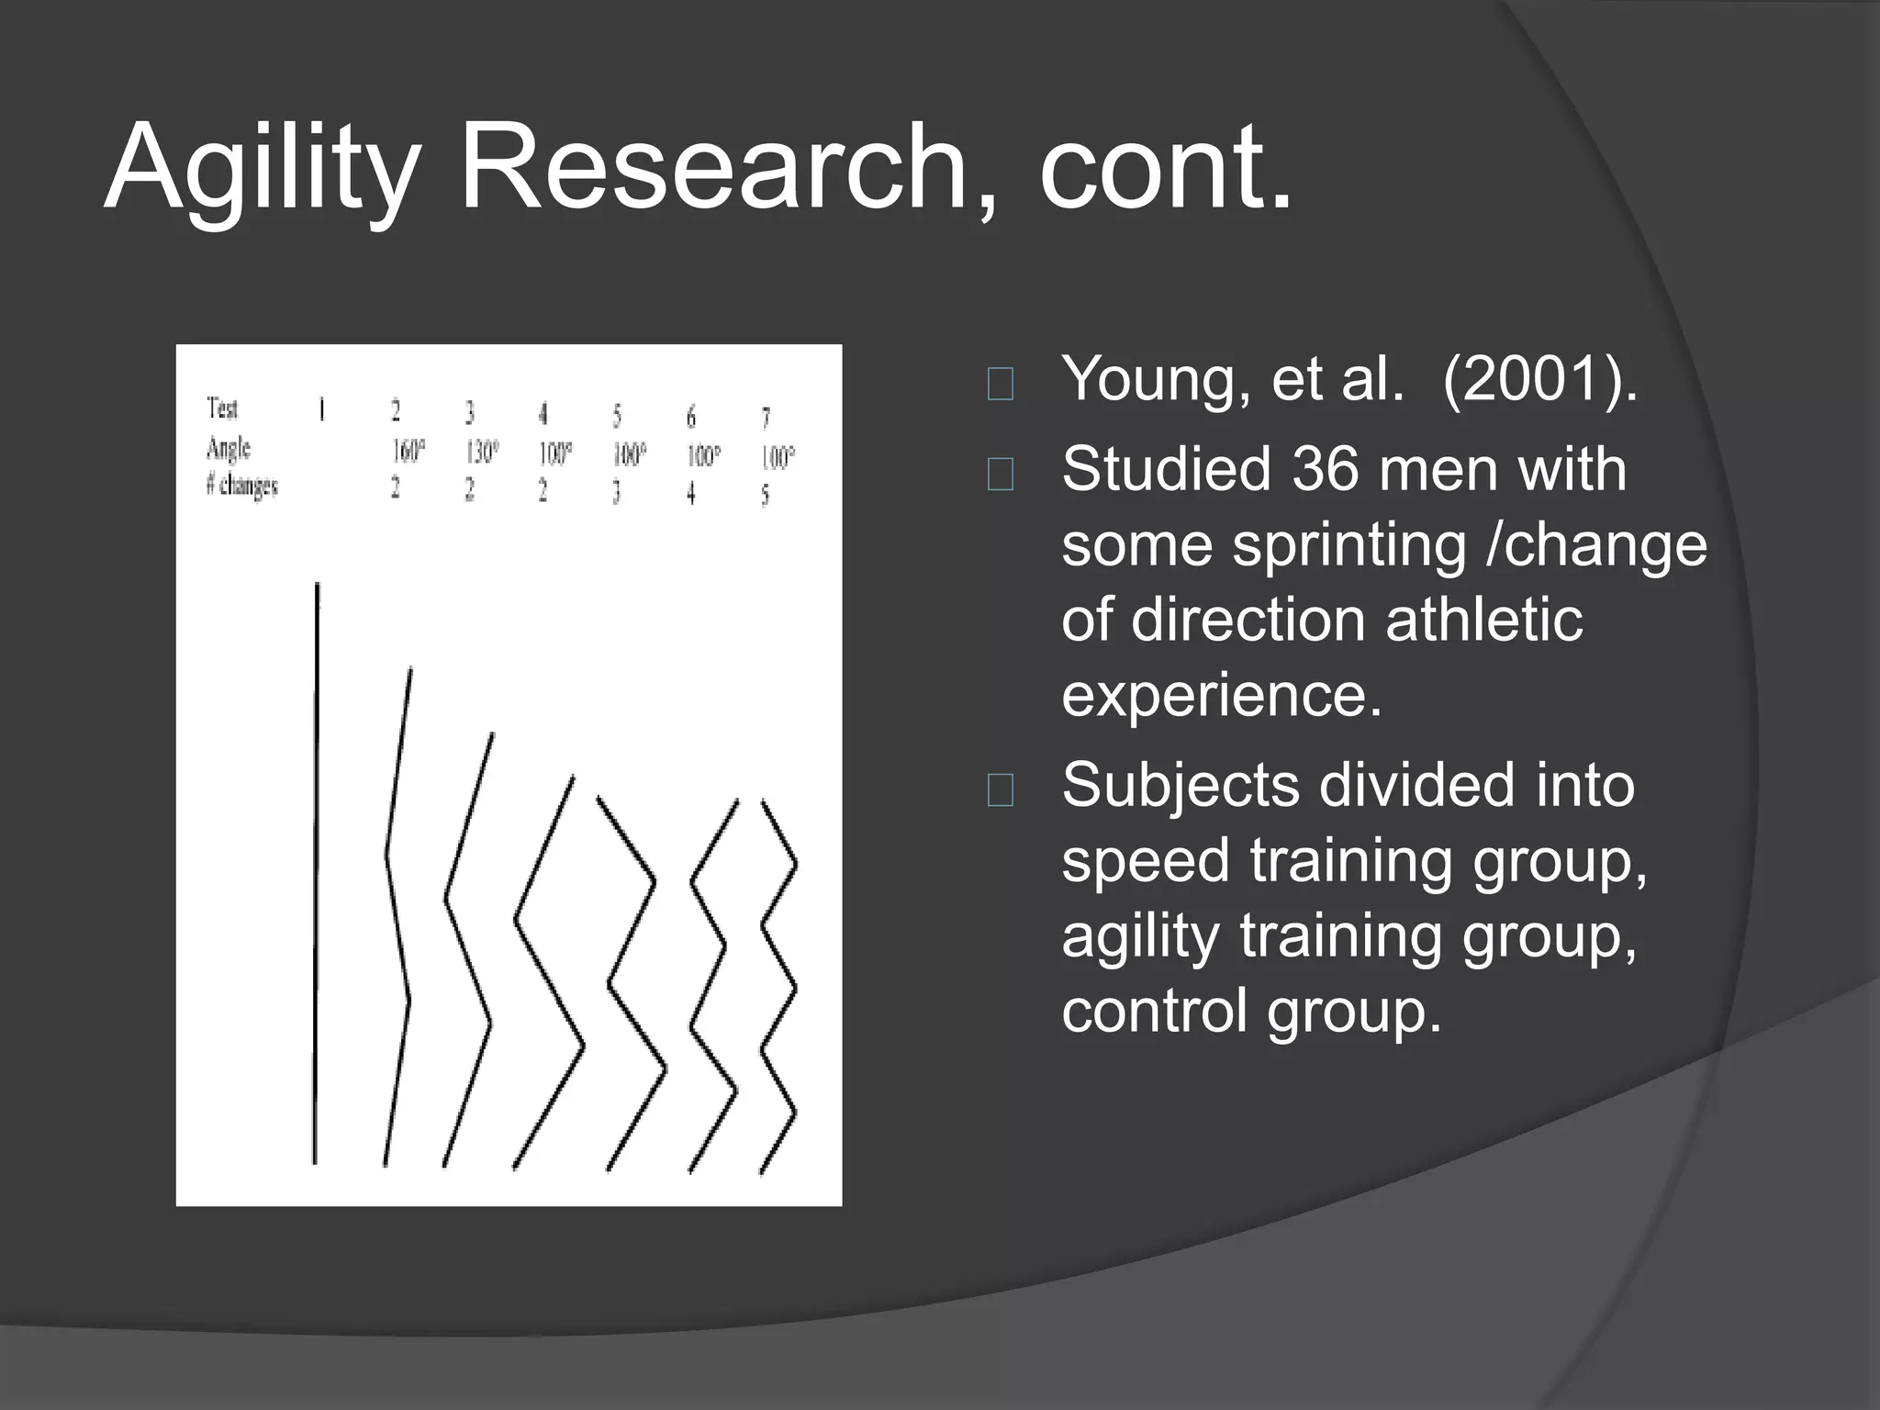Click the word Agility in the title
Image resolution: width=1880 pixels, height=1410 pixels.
click(262, 170)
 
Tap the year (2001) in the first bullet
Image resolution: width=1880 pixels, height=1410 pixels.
click(1539, 377)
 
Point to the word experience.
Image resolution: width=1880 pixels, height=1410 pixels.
click(1221, 694)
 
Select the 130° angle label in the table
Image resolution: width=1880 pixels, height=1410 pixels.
click(482, 452)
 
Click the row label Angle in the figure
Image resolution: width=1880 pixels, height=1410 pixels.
click(229, 449)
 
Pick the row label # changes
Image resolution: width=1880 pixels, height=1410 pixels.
click(242, 486)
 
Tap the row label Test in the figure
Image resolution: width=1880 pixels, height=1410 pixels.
click(222, 408)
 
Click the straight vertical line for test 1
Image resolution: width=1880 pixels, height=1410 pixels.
click(316, 872)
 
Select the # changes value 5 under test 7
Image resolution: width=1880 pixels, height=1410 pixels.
click(765, 497)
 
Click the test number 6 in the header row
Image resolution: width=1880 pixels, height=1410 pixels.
click(691, 418)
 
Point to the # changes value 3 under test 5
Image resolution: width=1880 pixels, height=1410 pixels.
click(616, 493)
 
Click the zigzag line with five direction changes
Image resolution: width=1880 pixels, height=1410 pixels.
click(778, 988)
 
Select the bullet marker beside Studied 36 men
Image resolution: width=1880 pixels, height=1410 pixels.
click(1000, 475)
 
